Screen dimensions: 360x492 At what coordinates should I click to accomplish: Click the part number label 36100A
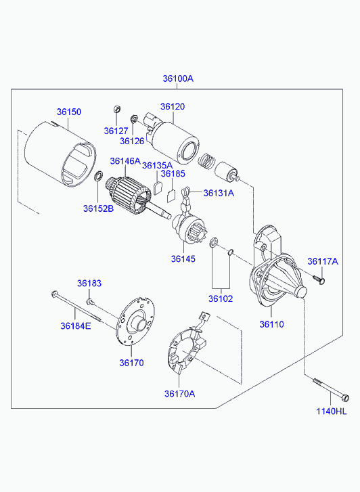(178, 79)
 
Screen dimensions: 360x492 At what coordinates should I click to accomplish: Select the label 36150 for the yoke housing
(69, 112)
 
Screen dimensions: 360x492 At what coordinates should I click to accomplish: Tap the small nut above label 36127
(116, 109)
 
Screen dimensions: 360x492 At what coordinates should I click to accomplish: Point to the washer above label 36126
(133, 118)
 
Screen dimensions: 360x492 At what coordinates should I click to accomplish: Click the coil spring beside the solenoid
(207, 160)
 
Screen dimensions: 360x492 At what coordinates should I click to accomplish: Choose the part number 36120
(173, 106)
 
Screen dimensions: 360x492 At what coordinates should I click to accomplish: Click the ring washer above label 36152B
(98, 176)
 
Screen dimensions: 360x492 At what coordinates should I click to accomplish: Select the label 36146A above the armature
(125, 161)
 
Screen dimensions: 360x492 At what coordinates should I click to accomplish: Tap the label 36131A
(219, 193)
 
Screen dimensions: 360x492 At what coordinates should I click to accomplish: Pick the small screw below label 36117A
(319, 279)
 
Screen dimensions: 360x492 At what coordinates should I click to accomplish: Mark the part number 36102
(221, 298)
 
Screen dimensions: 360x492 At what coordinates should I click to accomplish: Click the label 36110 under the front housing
(271, 324)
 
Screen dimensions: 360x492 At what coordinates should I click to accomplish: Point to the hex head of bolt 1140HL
(345, 397)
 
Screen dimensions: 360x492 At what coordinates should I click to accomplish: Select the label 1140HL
(331, 411)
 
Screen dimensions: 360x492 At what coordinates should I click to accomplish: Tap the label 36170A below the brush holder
(179, 393)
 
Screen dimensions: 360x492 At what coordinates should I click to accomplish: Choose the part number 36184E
(76, 326)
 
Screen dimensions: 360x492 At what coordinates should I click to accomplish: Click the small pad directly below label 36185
(171, 196)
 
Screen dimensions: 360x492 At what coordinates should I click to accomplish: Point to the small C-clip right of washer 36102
(230, 252)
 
